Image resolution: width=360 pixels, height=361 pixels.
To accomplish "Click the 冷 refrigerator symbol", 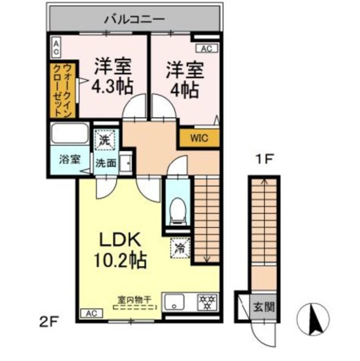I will coord(181,247).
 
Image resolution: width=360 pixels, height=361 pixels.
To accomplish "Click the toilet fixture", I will coord(177,209).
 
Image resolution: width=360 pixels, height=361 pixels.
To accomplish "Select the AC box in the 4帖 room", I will coord(206,49).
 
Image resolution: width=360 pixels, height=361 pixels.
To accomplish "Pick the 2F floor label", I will coord(50,323).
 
